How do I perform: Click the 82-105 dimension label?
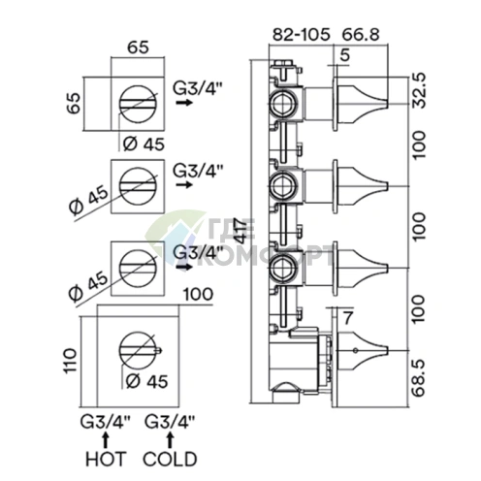pos(302,35)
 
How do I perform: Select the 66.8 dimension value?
pos(361,35)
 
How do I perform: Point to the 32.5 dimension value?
pos(419,90)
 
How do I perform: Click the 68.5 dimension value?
pos(419,378)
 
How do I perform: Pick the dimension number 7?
pos(347,319)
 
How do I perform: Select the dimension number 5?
pos(345,55)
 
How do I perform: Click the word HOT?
pos(106,459)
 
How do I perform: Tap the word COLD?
pos(170,459)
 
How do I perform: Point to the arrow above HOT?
pos(106,440)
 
